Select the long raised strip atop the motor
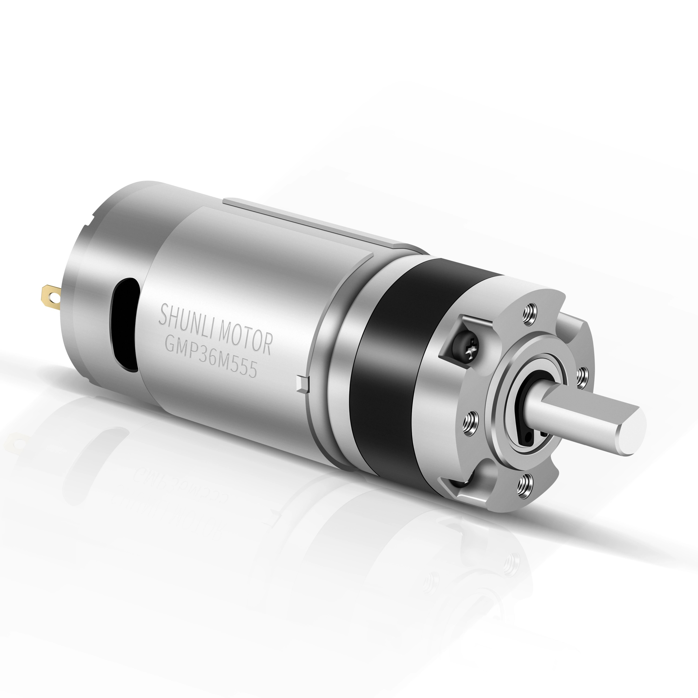(311, 220)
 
